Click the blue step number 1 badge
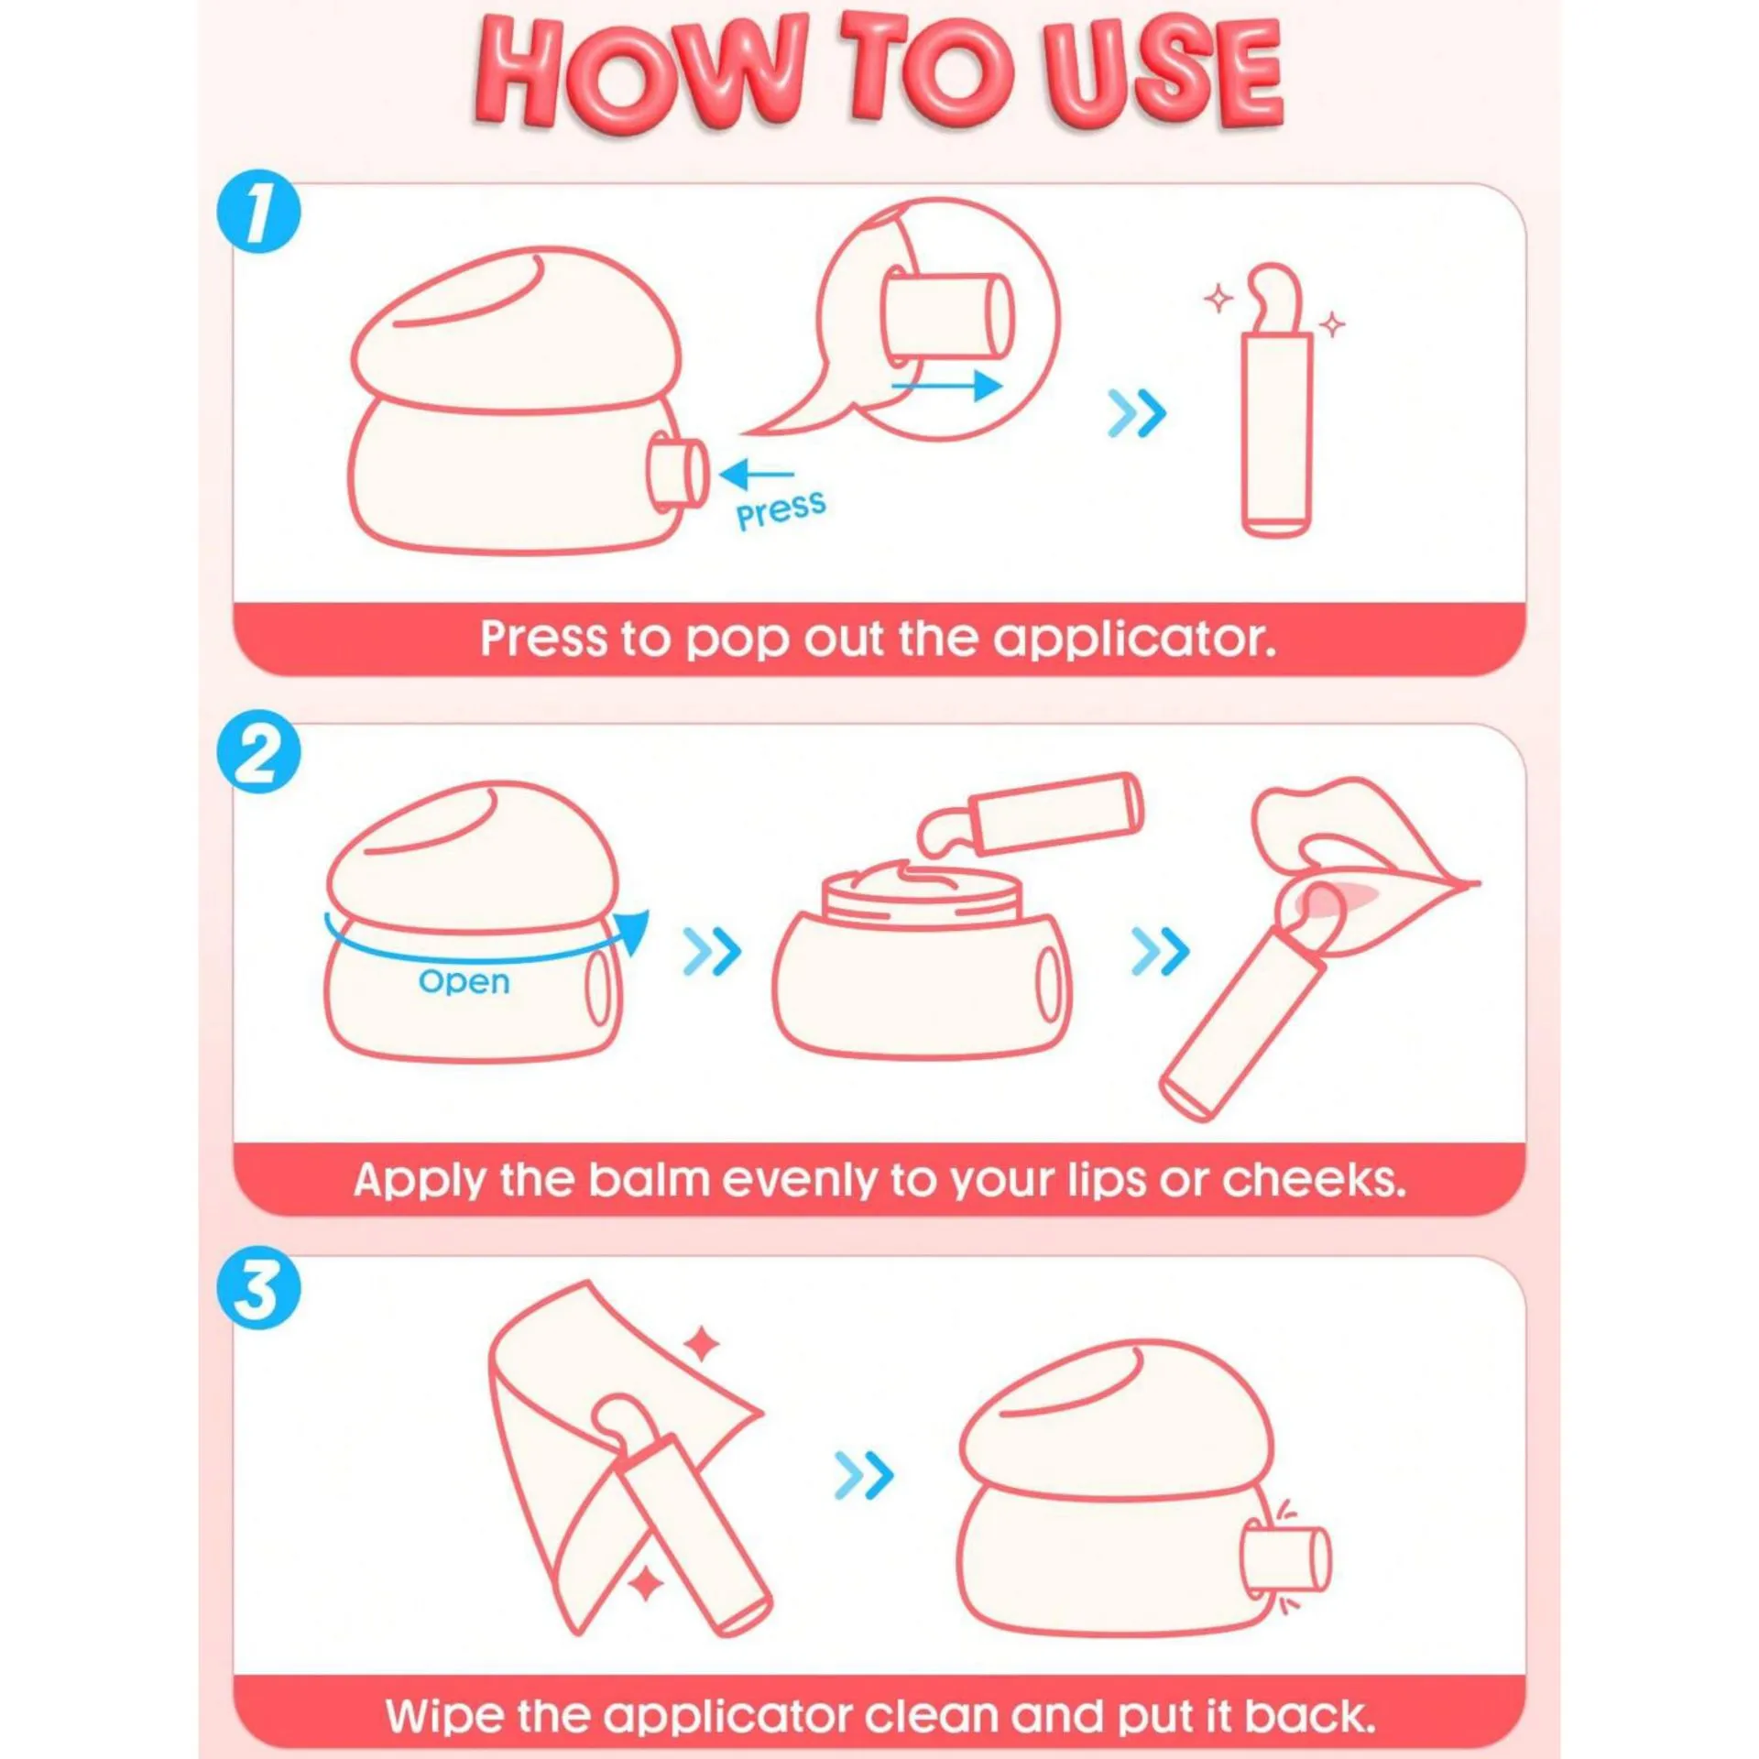point(258,212)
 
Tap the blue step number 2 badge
point(258,752)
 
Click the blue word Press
point(781,510)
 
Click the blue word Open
point(464,982)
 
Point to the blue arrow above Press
point(756,475)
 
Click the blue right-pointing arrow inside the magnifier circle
point(947,386)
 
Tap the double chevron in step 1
point(1137,413)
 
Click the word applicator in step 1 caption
point(1134,639)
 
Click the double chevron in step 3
point(864,1476)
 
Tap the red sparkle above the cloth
point(703,1346)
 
